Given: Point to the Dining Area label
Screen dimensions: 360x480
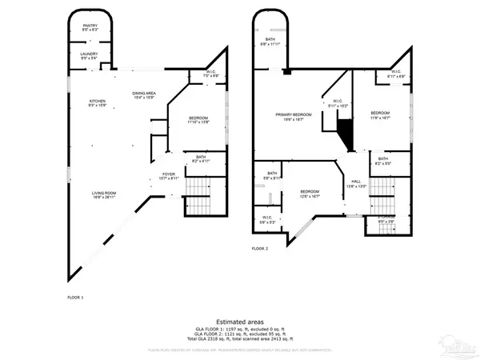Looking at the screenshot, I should point(144,95).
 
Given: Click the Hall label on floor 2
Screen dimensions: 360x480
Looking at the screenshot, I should point(356,184).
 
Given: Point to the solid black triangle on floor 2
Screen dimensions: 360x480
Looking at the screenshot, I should point(345,132).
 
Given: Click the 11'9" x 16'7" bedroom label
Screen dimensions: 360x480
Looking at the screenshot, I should point(380,116).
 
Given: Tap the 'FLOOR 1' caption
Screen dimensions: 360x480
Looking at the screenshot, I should point(75,298).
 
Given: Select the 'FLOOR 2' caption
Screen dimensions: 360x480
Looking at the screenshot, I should point(259,249).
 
